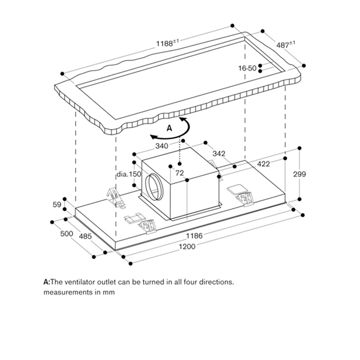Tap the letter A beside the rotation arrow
(x=169, y=128)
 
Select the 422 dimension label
(x=263, y=164)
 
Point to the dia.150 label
(x=128, y=174)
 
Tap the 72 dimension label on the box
(x=179, y=173)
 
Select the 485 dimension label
(x=85, y=236)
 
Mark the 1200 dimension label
(x=195, y=247)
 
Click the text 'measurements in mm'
(x=79, y=292)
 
